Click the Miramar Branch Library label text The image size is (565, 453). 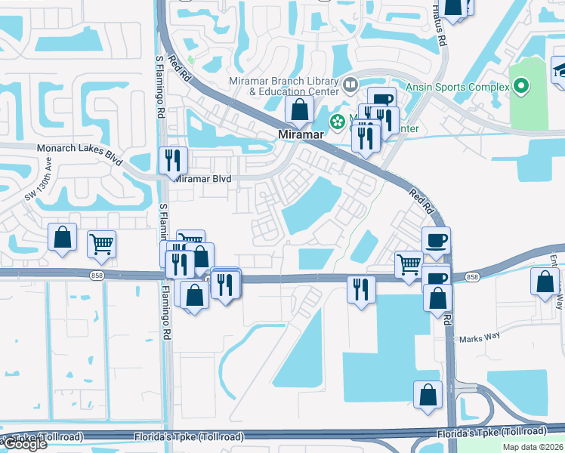click(283, 82)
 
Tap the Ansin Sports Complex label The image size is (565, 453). click(458, 87)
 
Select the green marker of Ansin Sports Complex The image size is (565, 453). click(521, 87)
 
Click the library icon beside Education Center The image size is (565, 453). click(350, 84)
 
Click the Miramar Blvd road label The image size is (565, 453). click(202, 179)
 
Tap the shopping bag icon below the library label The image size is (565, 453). click(300, 109)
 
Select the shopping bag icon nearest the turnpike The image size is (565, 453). click(428, 395)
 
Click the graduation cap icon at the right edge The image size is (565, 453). click(560, 69)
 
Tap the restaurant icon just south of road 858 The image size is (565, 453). click(360, 290)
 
